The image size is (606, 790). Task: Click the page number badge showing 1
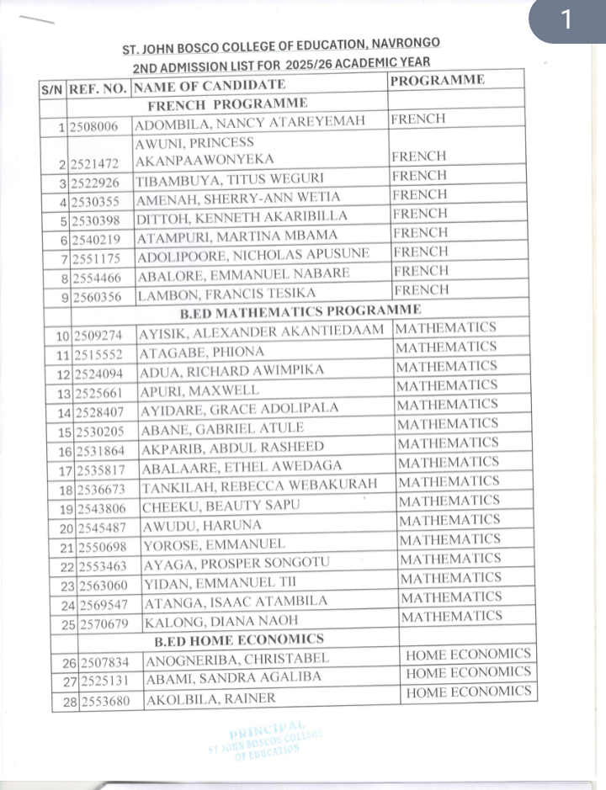(x=566, y=20)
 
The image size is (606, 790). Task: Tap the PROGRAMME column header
(x=437, y=81)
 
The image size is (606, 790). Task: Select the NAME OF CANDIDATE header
(x=210, y=85)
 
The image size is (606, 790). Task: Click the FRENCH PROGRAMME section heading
(x=227, y=104)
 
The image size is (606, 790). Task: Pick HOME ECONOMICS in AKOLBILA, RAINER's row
(x=469, y=692)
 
